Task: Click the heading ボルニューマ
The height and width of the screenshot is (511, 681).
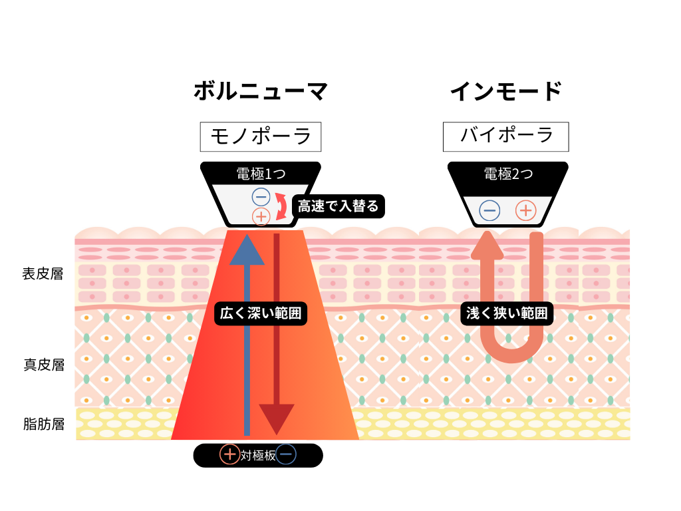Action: (x=261, y=91)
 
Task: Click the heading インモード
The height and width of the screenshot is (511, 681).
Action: (x=506, y=91)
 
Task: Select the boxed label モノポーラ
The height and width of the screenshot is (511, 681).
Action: (x=261, y=136)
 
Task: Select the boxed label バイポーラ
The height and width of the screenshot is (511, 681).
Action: (x=506, y=136)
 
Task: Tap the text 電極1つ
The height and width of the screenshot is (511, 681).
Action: (x=261, y=174)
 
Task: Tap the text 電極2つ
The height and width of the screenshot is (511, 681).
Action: (x=507, y=174)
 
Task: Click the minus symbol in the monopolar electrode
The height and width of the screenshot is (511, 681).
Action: (x=261, y=196)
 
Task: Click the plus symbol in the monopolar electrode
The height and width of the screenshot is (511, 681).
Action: (x=261, y=216)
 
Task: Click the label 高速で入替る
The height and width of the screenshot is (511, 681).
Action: (x=338, y=206)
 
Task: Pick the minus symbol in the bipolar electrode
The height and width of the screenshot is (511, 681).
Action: (x=489, y=211)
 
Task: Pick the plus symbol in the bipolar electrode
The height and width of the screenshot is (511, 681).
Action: (x=526, y=211)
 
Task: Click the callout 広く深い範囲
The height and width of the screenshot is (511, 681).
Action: (x=261, y=313)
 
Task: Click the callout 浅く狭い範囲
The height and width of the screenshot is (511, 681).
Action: (x=507, y=313)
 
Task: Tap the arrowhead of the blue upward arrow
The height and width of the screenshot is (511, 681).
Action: (x=247, y=250)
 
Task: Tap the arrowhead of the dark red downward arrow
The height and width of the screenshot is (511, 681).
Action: (x=277, y=419)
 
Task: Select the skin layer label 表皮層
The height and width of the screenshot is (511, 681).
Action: (x=43, y=273)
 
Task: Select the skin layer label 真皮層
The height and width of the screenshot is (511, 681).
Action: (x=43, y=365)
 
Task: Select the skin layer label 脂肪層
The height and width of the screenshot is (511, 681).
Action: (x=43, y=424)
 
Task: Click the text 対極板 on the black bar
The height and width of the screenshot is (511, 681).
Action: (x=258, y=455)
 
